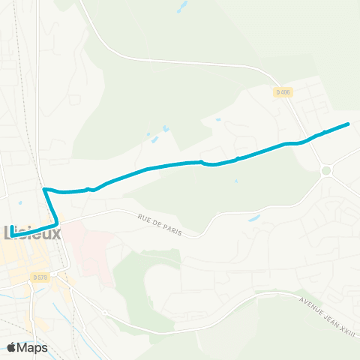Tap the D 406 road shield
pyautogui.click(x=282, y=91)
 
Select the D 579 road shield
pyautogui.click(x=40, y=277)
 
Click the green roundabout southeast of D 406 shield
pyautogui.click(x=326, y=171)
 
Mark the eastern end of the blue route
pyautogui.click(x=349, y=124)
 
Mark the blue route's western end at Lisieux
pyautogui.click(x=13, y=236)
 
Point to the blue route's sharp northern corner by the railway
pyautogui.click(x=46, y=189)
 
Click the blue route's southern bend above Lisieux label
pyautogui.click(x=57, y=223)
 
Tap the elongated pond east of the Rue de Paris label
pyautogui.click(x=253, y=218)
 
